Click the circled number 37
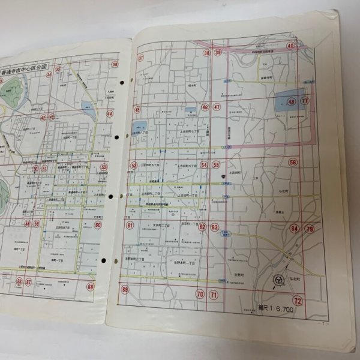141,58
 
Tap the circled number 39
218,53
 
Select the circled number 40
290,46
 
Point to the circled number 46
205,107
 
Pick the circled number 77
305,100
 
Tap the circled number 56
293,162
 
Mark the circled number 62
203,226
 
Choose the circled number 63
214,227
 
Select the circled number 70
200,294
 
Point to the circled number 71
214,295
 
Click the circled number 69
125,290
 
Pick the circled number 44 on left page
110,113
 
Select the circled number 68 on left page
90,286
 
